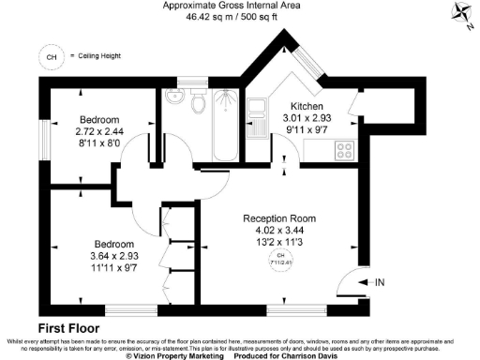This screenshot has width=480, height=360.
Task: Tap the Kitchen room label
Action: coord(307,106)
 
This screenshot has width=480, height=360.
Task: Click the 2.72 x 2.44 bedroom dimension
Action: coord(98,133)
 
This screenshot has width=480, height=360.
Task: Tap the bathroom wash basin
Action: coord(172,97)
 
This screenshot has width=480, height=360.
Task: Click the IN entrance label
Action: coord(378,281)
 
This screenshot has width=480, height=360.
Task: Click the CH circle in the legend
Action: coord(49,56)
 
